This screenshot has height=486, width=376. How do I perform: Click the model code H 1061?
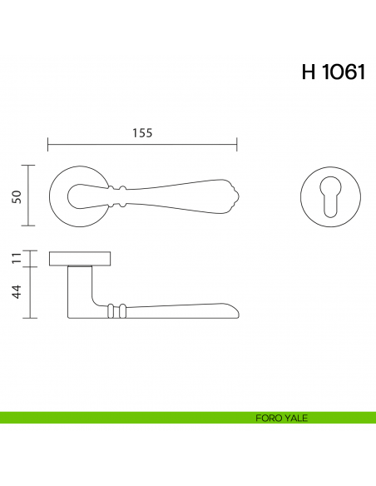point(333,72)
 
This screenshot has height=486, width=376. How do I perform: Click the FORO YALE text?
point(283,418)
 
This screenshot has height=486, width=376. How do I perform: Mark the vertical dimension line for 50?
point(31,196)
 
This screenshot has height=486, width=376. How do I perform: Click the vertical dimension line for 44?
point(31,292)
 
